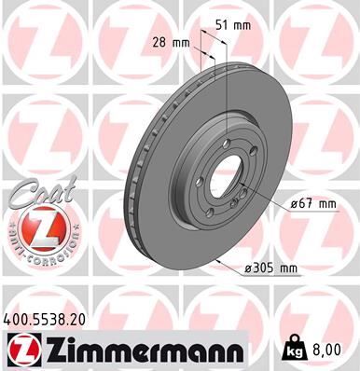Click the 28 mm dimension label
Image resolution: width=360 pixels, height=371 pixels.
168,43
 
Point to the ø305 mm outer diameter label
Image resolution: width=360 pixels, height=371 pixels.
270,268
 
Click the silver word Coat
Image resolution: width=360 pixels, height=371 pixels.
37,198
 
